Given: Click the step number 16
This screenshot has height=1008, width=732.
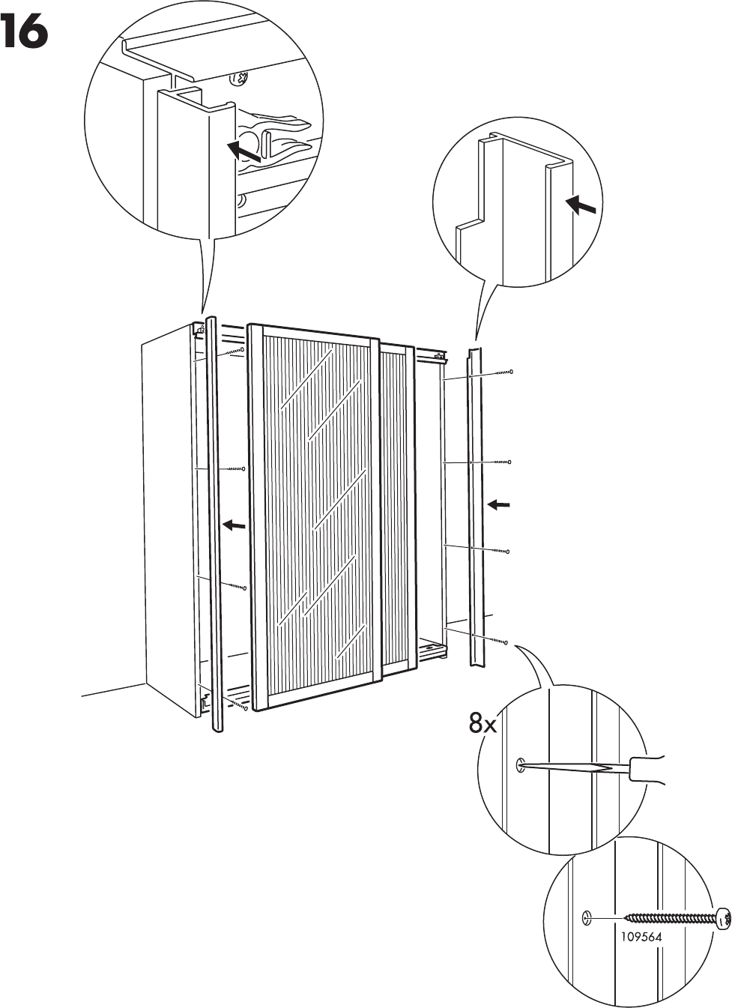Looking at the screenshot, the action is [25, 33].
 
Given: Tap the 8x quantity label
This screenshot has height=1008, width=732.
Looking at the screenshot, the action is [483, 724].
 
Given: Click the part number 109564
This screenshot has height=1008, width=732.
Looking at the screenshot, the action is [641, 936].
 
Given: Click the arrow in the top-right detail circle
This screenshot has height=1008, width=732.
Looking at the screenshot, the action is [581, 204].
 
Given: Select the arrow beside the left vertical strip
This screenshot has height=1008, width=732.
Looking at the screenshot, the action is [235, 525].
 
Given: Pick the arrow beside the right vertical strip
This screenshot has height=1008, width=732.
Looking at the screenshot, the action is [499, 505].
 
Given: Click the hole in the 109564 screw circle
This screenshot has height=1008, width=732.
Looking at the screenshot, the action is [587, 917].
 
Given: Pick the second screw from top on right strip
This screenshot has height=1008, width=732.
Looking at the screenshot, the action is [499, 462].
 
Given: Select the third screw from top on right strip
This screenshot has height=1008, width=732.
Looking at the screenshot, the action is [499, 551].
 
